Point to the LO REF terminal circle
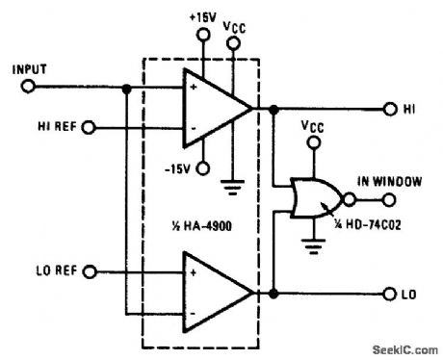pos(90,272)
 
